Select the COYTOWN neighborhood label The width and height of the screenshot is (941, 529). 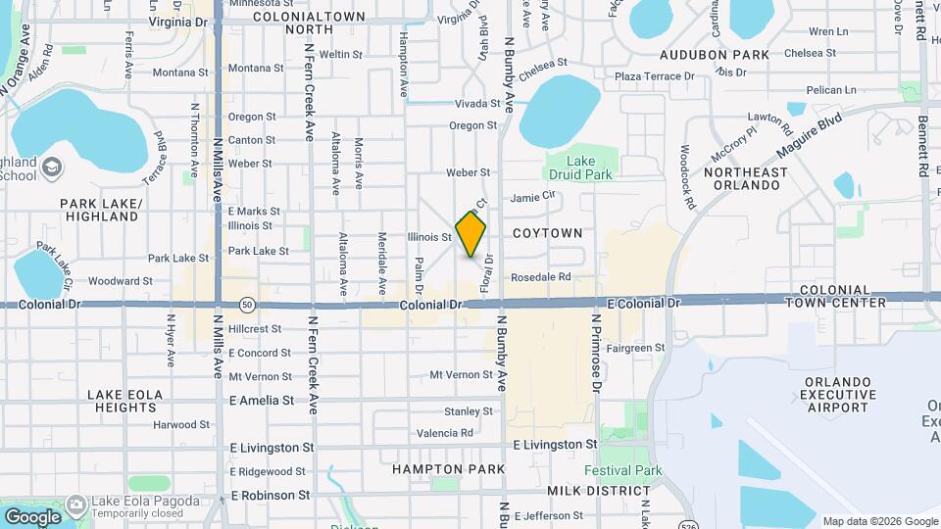547,233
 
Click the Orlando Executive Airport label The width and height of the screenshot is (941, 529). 837,394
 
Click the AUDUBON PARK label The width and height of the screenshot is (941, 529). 714,55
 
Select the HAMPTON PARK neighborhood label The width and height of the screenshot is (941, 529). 448,469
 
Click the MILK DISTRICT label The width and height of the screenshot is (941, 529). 598,490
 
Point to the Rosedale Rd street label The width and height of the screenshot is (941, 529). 540,277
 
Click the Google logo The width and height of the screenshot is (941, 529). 31,516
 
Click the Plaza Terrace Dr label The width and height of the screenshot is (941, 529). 654,75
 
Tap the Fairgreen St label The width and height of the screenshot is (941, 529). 635,348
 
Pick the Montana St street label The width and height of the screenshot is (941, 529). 180,72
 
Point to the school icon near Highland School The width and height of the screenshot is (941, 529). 50,168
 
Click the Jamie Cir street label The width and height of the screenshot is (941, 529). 533,197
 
